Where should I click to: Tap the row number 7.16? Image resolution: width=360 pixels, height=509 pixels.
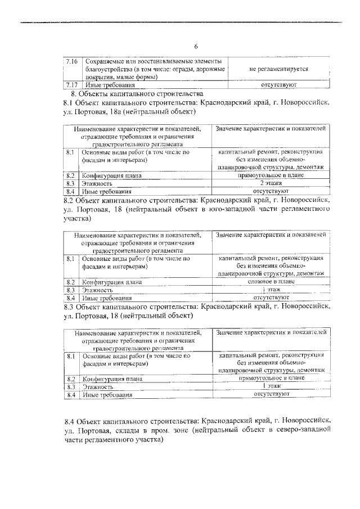coord(71,60)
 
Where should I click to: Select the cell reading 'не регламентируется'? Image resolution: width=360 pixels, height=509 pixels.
coord(271,69)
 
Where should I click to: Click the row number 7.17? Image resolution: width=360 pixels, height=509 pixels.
coord(71,84)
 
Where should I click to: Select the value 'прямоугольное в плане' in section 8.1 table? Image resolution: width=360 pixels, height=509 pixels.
coord(271,175)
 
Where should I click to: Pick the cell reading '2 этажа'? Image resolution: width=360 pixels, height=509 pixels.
coord(271,183)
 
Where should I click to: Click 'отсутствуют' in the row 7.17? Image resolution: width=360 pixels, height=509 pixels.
coord(271,84)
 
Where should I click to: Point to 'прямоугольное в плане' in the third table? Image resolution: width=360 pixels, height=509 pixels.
coord(271,379)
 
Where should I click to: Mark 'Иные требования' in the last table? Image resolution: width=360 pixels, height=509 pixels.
coord(107,395)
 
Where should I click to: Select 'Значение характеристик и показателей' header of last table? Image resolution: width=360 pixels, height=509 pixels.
coord(271,332)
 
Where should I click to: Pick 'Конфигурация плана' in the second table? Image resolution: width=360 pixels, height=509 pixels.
coord(111,281)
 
